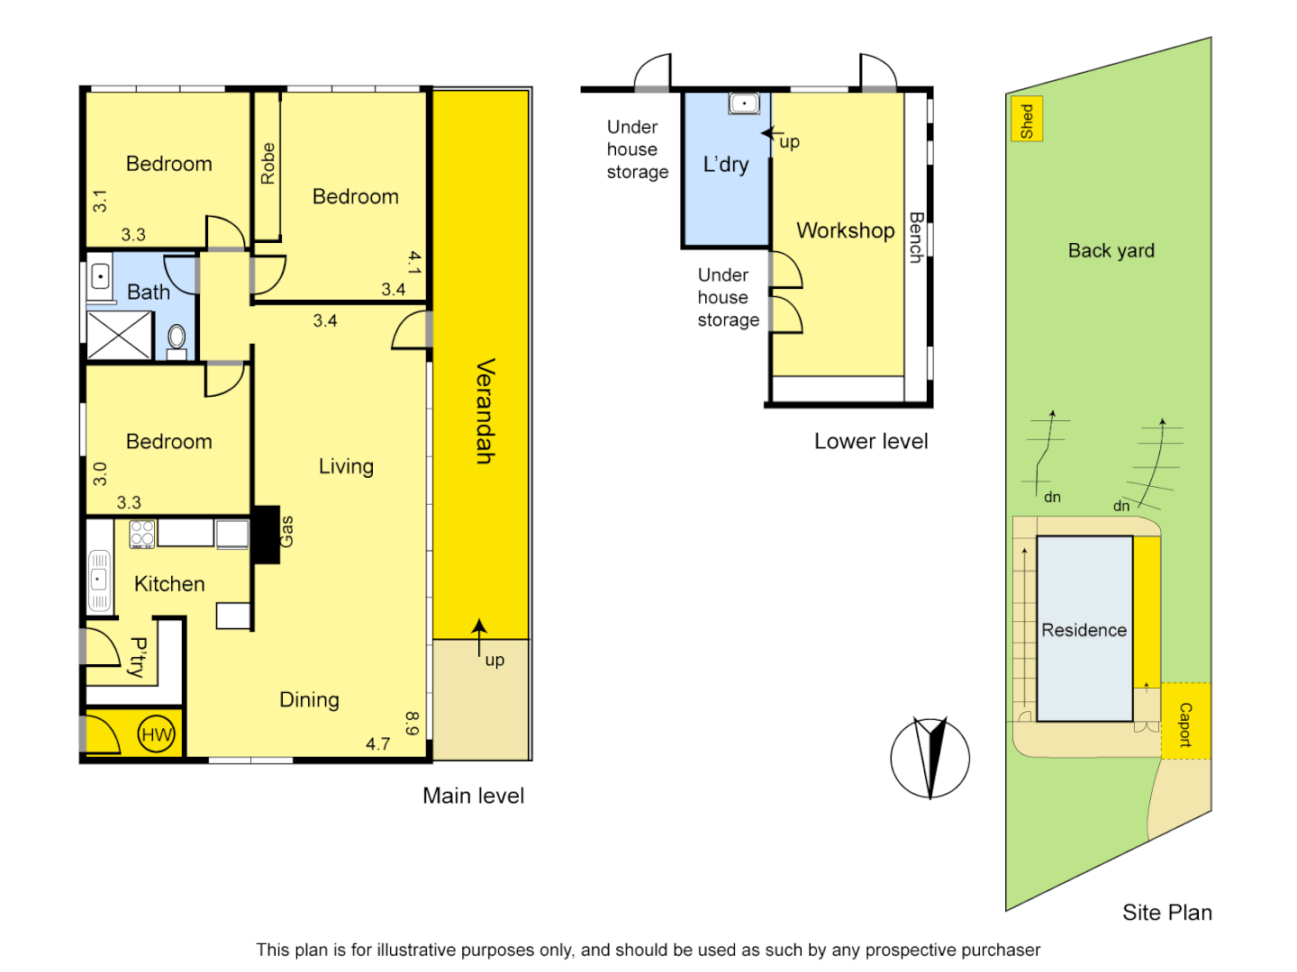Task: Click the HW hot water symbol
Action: click(156, 734)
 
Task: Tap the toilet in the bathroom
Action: click(177, 339)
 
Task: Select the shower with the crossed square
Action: click(120, 335)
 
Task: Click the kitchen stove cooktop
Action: click(142, 534)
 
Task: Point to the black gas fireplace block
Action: click(267, 534)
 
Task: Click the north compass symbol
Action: click(930, 758)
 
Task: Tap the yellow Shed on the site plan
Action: click(1027, 120)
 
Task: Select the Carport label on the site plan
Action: click(1185, 724)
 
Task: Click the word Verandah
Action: click(485, 410)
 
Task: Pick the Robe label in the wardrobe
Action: click(268, 163)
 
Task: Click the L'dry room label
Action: click(726, 165)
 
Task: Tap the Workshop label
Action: click(845, 230)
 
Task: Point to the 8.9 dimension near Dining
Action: click(412, 724)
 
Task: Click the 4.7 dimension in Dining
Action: click(378, 744)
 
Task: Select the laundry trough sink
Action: click(744, 103)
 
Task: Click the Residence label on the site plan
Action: click(1084, 630)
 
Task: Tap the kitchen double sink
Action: click(99, 580)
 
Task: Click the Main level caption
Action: click(473, 796)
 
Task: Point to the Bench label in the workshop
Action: click(915, 237)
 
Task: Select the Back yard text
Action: click(1111, 251)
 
